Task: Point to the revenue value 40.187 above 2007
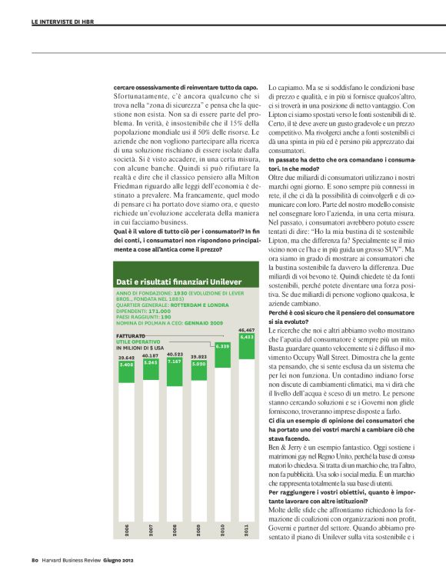coord(150,355)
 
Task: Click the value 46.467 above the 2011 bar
coord(247,329)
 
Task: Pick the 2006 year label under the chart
coord(127,531)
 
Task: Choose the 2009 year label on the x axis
coord(198,531)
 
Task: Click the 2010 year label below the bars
coord(223,531)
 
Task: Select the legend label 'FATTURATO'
coord(131,337)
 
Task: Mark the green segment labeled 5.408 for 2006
coord(126,365)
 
